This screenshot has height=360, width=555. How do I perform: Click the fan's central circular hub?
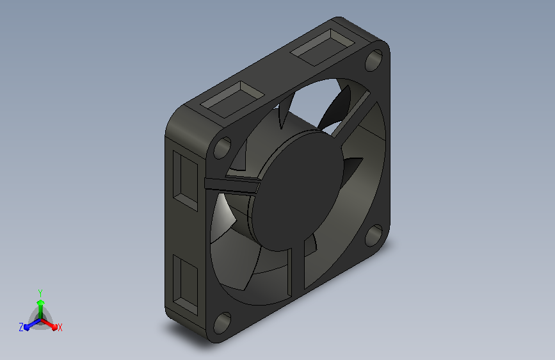[x=297, y=190]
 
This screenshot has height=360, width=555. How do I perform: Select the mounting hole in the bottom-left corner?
[x=222, y=323]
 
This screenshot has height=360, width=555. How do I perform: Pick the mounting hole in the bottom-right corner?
[x=374, y=235]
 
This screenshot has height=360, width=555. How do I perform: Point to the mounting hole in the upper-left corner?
[x=222, y=147]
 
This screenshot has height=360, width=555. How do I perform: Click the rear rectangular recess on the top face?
[x=323, y=47]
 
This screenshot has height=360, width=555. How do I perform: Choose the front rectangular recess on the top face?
[x=233, y=99]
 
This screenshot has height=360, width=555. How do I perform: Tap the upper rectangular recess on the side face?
[x=186, y=181]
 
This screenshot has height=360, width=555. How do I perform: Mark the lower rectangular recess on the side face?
[x=186, y=284]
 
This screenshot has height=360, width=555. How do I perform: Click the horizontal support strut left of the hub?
[x=232, y=185]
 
